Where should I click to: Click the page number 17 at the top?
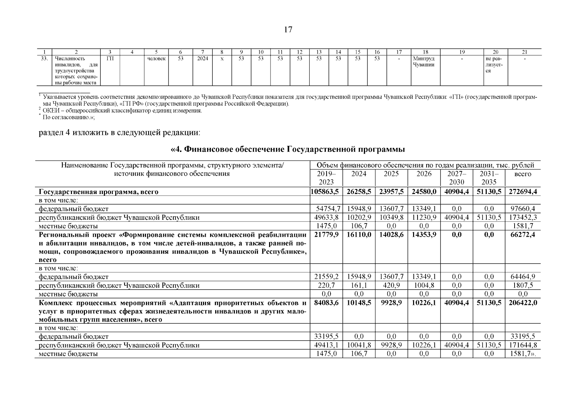(288, 30)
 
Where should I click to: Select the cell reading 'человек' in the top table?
(156, 59)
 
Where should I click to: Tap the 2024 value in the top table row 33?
(203, 59)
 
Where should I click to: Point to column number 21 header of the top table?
(524, 52)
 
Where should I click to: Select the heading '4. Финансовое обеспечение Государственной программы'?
(288, 149)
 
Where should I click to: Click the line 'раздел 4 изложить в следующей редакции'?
(120, 132)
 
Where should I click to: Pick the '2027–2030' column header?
(457, 178)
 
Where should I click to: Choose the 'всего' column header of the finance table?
(523, 174)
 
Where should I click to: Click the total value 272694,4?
(523, 192)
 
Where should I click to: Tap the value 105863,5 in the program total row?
(326, 192)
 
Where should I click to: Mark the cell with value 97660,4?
(523, 209)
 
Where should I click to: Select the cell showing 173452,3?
(523, 217)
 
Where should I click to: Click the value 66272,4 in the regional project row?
(523, 235)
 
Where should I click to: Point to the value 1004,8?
(424, 285)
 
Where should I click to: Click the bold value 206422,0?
(523, 303)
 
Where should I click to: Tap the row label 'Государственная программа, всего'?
(99, 192)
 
